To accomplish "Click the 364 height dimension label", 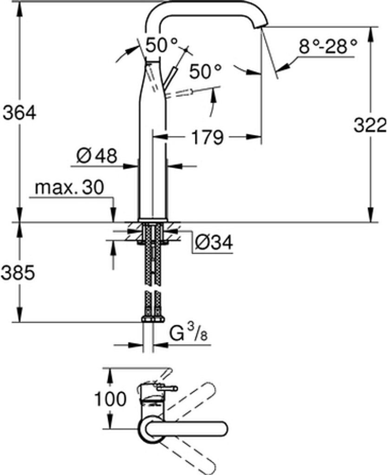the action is tap(19, 113).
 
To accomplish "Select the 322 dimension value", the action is tap(370, 125).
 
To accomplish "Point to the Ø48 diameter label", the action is tap(97, 156).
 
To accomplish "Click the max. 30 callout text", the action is tap(70, 187).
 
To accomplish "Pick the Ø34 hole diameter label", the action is tap(214, 242).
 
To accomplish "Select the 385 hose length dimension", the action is tap(18, 273).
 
